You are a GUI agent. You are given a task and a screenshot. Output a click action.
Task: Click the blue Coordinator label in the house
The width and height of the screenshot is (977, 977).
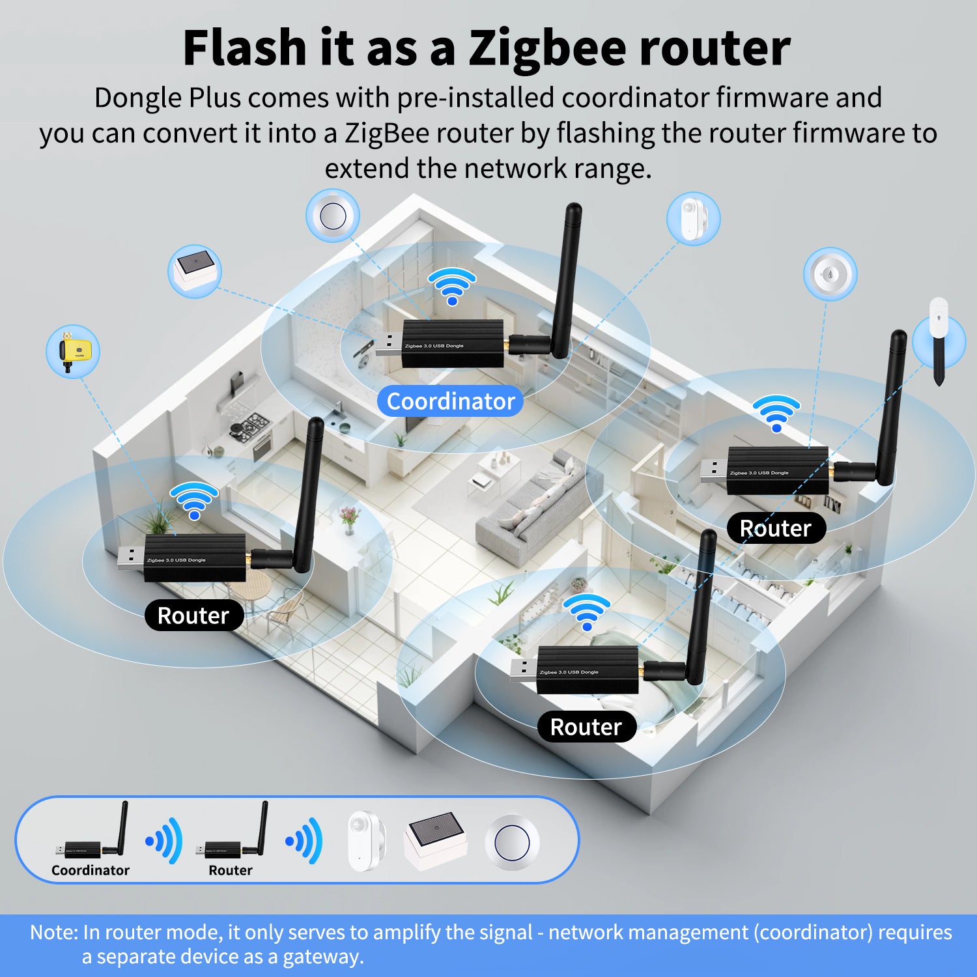click(450, 401)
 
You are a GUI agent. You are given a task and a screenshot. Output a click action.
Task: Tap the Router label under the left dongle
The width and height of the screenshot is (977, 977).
click(193, 616)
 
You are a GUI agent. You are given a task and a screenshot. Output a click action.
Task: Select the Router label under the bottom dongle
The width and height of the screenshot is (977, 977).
click(586, 727)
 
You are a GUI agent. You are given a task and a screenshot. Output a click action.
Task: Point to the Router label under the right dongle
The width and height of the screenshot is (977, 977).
click(776, 528)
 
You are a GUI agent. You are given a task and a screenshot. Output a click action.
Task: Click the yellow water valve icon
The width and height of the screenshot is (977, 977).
click(73, 352)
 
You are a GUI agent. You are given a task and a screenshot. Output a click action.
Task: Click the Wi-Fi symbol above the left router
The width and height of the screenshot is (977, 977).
click(194, 500)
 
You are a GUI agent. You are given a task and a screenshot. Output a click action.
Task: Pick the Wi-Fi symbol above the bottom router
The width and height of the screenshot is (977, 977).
click(587, 612)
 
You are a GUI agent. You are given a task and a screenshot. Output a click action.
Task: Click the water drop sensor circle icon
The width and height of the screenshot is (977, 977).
click(830, 274)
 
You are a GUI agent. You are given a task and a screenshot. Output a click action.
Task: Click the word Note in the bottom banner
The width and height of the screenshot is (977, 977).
click(53, 932)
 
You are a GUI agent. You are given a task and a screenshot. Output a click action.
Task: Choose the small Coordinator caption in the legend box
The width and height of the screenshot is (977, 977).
click(91, 870)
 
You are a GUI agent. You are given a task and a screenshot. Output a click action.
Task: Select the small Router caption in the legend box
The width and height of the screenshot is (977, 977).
click(231, 870)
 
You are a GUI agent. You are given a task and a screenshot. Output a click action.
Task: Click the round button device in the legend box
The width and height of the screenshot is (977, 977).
click(512, 842)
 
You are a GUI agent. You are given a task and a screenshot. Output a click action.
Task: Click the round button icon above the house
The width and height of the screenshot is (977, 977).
click(333, 216)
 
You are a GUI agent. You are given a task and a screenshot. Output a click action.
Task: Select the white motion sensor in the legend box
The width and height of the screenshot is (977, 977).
click(365, 840)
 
